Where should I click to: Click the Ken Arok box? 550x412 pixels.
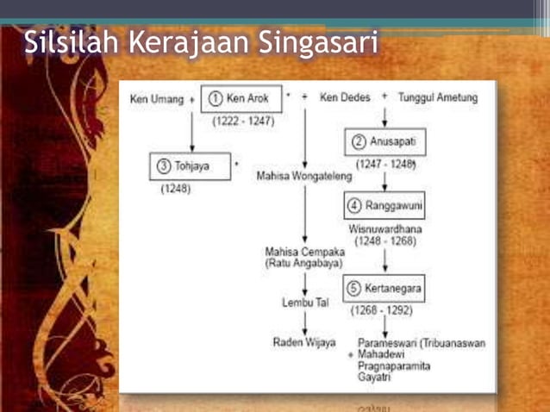[x=237, y=98]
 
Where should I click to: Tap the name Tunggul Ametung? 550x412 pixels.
[x=438, y=98]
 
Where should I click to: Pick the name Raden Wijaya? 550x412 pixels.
[x=303, y=342]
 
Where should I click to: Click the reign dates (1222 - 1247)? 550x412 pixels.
[x=242, y=121]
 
